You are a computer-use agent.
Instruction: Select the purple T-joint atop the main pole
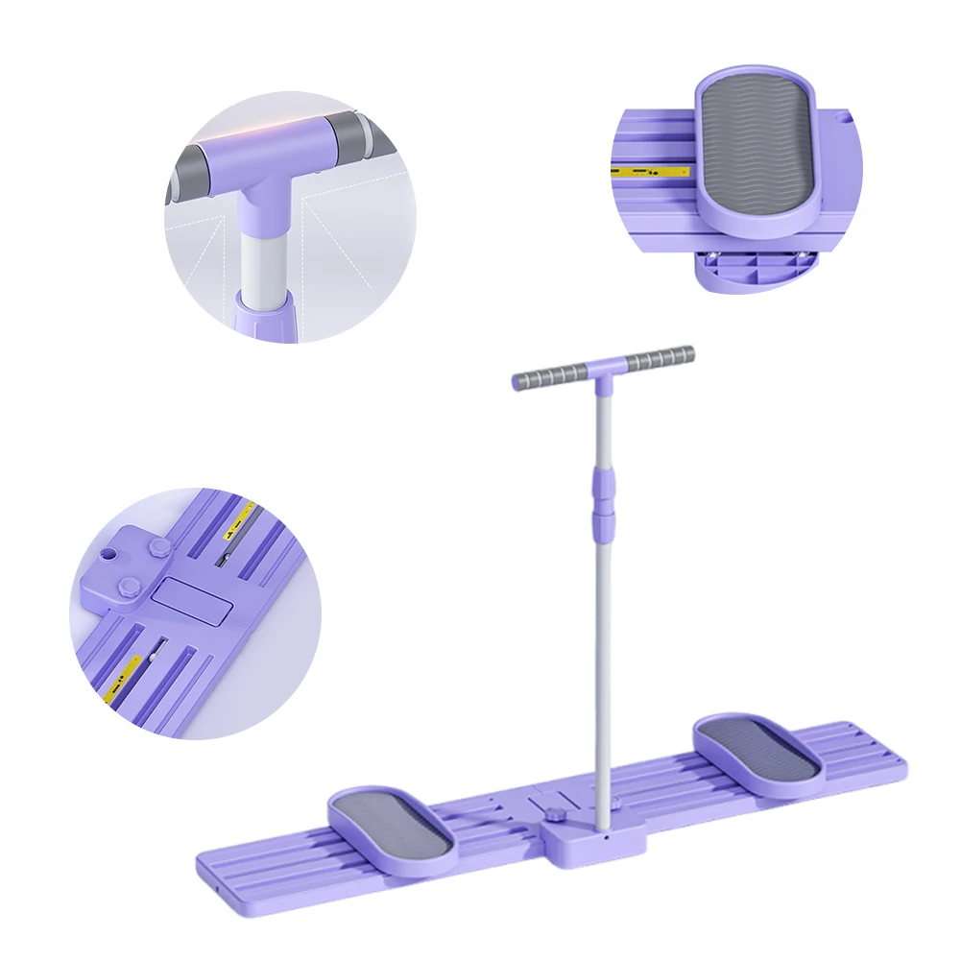(603, 368)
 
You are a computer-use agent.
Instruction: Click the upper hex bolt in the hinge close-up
(159, 548)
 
